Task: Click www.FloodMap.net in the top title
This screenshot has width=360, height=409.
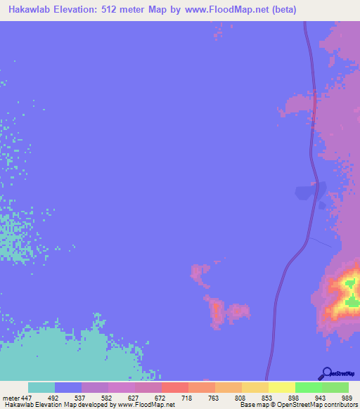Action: pyautogui.click(x=229, y=10)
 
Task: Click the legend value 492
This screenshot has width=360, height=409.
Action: pyautogui.click(x=55, y=397)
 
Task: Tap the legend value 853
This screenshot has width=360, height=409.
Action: pyautogui.click(x=269, y=397)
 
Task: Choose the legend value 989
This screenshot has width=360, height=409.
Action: pyautogui.click(x=347, y=397)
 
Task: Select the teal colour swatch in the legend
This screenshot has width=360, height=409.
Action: pyautogui.click(x=41, y=387)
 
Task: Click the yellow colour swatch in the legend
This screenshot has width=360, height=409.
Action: pyautogui.click(x=282, y=387)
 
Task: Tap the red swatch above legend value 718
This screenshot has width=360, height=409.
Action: pyautogui.click(x=175, y=387)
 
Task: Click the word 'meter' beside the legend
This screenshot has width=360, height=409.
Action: pyautogui.click(x=9, y=397)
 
